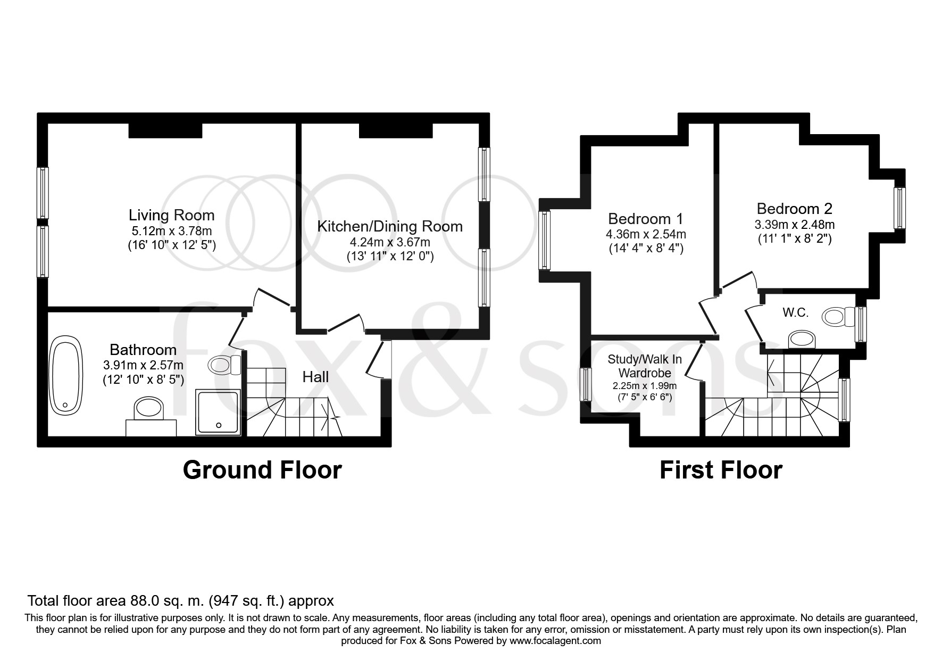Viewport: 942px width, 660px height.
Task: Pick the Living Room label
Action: click(172, 215)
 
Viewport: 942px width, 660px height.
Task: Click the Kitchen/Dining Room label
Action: click(390, 226)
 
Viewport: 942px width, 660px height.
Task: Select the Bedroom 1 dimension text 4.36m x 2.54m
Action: click(646, 234)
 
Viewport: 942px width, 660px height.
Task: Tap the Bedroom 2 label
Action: click(795, 208)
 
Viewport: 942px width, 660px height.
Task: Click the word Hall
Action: click(315, 377)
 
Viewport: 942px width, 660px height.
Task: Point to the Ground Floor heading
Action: click(262, 470)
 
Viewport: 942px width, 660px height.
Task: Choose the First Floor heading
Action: click(721, 470)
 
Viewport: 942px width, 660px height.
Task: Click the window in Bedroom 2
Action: click(899, 208)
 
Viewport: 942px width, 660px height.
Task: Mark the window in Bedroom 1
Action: click(544, 240)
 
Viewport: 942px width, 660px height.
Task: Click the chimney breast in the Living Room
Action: click(165, 130)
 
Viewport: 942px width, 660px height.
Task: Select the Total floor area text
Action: click(181, 601)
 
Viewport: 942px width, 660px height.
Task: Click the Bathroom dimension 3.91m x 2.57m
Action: click(143, 365)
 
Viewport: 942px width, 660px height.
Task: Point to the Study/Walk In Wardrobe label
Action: click(645, 366)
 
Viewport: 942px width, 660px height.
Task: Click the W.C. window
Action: click(861, 324)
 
